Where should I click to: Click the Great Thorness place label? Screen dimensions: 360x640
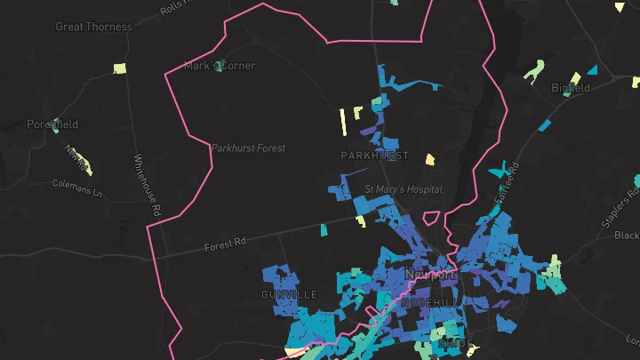click(93, 27)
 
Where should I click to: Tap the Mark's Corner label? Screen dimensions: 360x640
click(220, 66)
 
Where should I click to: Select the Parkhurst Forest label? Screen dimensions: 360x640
click(248, 148)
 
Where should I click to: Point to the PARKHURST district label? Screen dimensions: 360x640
click(374, 156)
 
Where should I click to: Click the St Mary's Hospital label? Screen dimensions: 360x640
click(404, 190)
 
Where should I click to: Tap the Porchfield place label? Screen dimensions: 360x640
click(52, 124)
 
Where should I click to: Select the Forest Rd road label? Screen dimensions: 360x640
click(223, 245)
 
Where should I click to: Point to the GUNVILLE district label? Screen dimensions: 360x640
click(289, 294)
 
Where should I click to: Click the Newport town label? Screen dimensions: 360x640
click(430, 275)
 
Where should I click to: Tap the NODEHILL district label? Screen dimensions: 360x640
click(431, 303)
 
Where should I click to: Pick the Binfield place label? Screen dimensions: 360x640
click(570, 88)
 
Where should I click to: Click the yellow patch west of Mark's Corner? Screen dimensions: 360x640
click(120, 68)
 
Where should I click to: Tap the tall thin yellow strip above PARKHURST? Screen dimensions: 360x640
click(342, 122)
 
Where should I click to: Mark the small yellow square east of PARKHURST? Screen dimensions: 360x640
click(429, 160)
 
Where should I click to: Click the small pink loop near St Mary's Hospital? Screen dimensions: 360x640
click(431, 219)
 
